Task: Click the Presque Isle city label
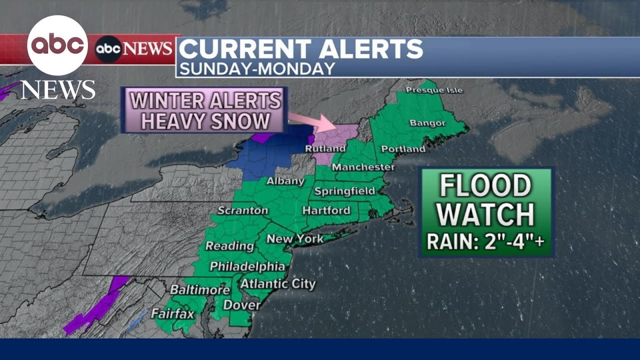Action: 434,90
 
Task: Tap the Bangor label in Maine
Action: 427,123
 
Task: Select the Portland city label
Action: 403,149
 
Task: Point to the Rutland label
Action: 325,149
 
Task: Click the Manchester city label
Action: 363,167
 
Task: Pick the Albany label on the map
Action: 285,181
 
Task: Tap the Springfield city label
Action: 344,191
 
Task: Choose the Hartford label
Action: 326,210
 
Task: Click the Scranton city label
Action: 243,210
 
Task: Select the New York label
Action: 295,239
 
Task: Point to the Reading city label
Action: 229,246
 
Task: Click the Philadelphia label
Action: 247,266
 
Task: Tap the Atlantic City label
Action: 278,284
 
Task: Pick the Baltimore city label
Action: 199,289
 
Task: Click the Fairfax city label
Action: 172,314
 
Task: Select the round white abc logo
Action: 57,45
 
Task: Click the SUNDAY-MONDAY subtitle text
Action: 257,68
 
